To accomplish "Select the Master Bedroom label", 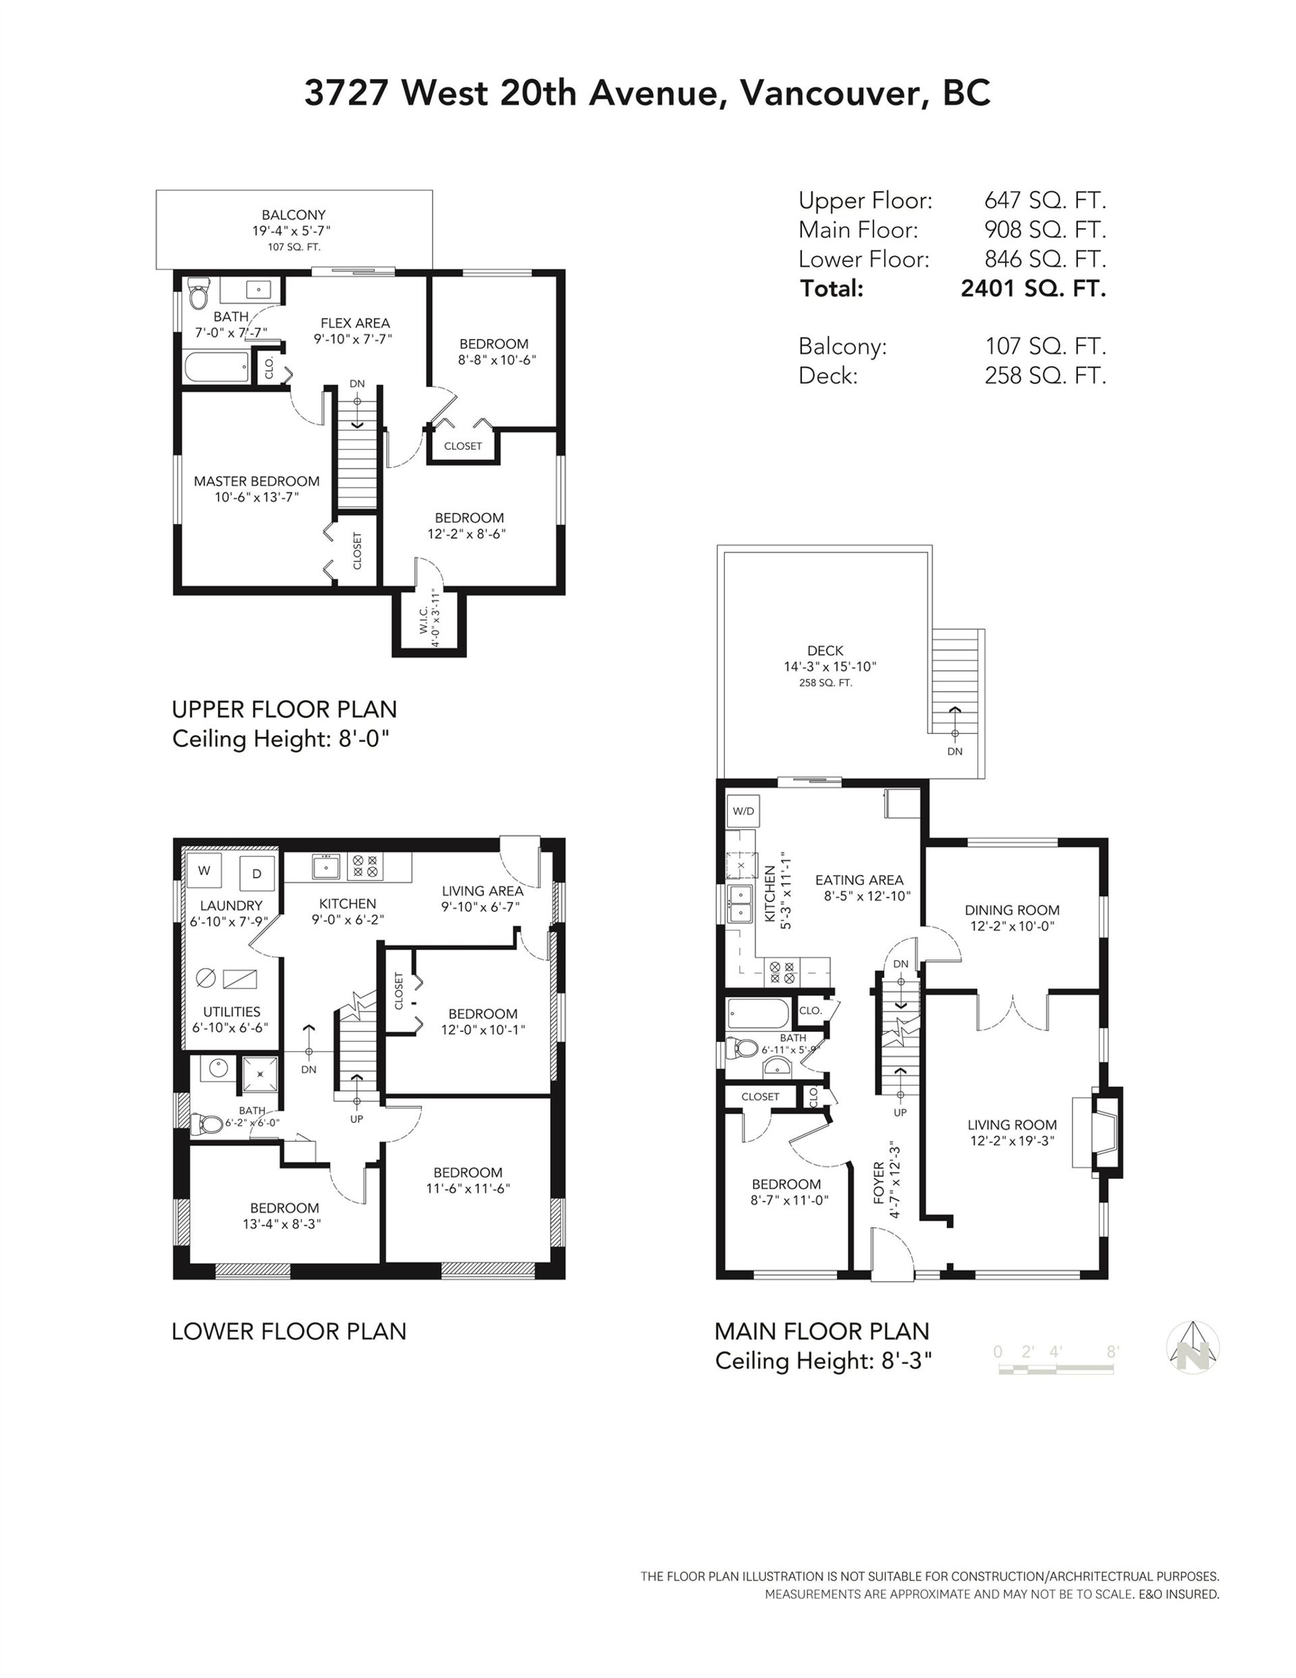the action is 256,481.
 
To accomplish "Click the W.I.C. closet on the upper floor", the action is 429,623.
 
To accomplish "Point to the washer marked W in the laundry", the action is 205,870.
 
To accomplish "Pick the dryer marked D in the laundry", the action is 256,873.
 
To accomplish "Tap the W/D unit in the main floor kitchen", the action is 743,810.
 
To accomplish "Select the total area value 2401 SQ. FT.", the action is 1033,288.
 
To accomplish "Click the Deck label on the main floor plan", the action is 825,651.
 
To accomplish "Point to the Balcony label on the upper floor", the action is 294,215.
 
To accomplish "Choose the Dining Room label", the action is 1012,910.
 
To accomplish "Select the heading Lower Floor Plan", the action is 289,1332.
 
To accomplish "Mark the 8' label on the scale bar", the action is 1112,1351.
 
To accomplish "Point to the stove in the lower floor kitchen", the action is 363,866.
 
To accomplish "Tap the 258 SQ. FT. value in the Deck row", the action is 1046,375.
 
